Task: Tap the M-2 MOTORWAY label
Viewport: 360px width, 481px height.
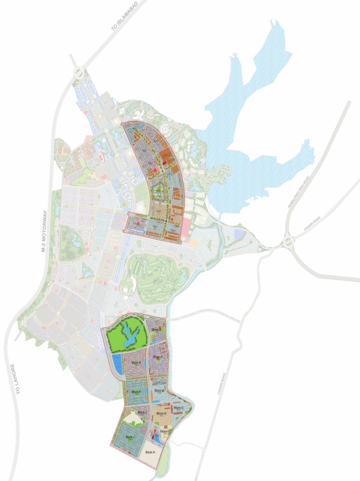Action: [x=45, y=232]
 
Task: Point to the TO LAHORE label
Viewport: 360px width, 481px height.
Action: [x=16, y=379]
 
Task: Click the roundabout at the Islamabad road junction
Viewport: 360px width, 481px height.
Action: [x=78, y=73]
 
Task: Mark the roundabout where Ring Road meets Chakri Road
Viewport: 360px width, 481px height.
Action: [x=287, y=242]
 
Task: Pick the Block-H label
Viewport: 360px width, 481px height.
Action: [x=150, y=452]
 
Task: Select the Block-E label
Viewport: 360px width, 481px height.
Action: [x=136, y=363]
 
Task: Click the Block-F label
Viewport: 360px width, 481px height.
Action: [x=136, y=392]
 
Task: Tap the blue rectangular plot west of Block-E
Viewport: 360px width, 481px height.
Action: [x=117, y=365]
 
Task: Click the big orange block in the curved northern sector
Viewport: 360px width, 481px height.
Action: [x=165, y=155]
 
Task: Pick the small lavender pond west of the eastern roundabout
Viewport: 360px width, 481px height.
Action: [x=239, y=233]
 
